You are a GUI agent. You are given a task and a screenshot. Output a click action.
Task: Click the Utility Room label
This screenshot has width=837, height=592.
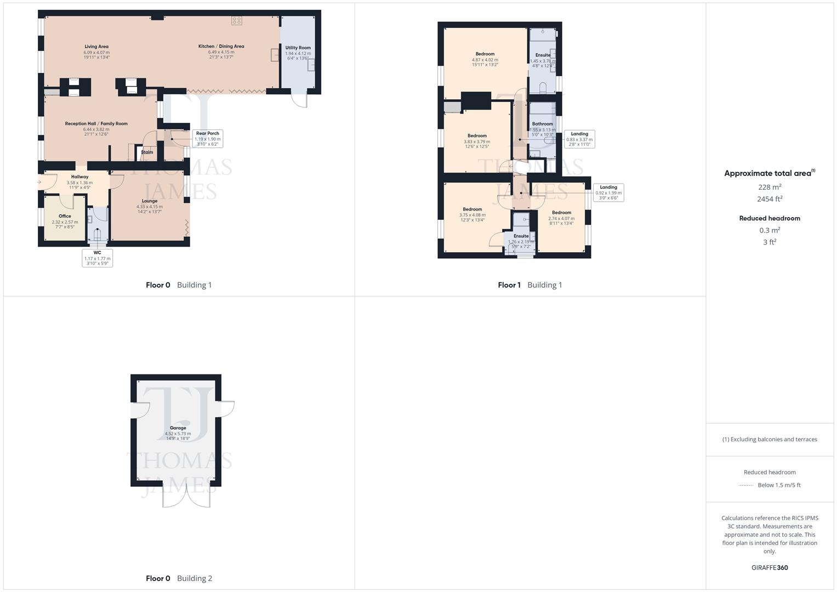[x=298, y=48]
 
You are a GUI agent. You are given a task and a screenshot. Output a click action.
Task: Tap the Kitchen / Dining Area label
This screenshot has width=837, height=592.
[x=221, y=47]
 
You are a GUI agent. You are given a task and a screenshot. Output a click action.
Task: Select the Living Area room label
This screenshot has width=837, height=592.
[x=96, y=47]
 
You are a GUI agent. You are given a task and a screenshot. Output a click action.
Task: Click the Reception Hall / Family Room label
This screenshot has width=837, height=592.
[x=96, y=124]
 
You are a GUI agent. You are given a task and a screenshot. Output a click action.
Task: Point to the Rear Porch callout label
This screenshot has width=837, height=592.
[x=208, y=133]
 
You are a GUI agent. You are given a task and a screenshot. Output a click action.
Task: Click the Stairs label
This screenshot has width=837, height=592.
[x=147, y=152]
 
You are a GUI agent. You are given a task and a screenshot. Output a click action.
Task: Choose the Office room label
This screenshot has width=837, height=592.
[x=65, y=216]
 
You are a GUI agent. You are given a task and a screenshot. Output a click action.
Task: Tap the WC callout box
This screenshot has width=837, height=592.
[x=97, y=258]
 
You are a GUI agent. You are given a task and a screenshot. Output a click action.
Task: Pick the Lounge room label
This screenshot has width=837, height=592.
[x=150, y=201]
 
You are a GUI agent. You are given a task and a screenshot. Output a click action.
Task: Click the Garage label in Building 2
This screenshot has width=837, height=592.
[x=178, y=428]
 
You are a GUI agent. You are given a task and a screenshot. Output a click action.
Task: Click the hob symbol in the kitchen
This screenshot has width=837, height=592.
[x=236, y=21]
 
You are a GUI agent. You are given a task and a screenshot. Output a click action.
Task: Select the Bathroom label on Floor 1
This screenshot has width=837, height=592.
[x=543, y=124]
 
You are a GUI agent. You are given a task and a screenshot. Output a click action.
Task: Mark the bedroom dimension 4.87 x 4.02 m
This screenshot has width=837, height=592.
[x=485, y=60]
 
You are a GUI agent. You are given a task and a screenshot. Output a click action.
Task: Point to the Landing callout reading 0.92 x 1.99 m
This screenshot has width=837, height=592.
[x=608, y=192]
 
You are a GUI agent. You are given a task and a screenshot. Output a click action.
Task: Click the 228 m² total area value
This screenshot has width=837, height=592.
[x=770, y=187]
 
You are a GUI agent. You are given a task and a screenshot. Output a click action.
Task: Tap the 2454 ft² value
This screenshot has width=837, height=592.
[x=770, y=199]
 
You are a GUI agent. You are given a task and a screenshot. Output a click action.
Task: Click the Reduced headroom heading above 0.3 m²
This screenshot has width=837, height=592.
[x=770, y=218]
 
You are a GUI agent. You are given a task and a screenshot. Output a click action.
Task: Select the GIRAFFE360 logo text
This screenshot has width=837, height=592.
[x=770, y=567]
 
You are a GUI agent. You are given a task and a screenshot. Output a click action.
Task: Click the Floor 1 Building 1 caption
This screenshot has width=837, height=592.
[x=529, y=285]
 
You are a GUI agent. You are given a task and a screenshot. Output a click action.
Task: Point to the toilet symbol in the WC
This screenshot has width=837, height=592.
[x=98, y=235]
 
